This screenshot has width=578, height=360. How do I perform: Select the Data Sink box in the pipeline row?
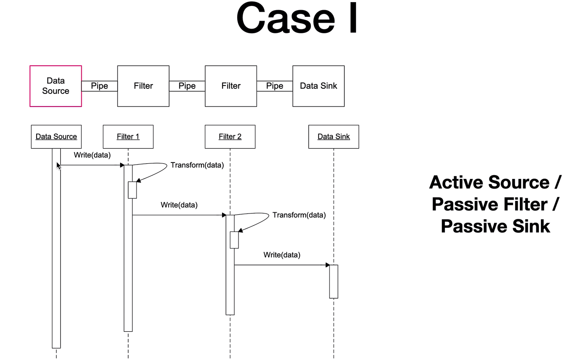click(x=318, y=86)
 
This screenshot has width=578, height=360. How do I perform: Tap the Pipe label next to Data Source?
click(x=99, y=86)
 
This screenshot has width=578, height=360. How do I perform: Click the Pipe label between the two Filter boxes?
click(x=187, y=86)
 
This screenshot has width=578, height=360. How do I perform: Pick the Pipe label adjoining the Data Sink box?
click(x=275, y=86)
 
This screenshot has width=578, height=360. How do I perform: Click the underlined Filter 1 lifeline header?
click(x=128, y=137)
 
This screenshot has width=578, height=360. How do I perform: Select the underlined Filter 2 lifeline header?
click(x=230, y=137)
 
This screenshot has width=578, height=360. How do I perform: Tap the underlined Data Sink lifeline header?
click(x=334, y=137)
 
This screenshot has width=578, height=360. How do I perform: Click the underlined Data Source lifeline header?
click(x=56, y=137)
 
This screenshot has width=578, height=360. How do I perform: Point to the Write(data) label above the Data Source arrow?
click(x=92, y=155)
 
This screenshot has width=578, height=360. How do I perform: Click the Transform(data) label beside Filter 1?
click(x=197, y=165)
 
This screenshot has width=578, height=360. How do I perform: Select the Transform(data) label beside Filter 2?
click(x=299, y=215)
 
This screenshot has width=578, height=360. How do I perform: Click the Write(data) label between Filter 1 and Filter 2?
click(x=179, y=205)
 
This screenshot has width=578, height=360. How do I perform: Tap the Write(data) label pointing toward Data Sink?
click(x=282, y=255)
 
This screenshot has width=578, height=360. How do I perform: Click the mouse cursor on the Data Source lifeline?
click(x=59, y=166)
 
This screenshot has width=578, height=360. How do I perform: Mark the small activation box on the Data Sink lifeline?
click(x=334, y=282)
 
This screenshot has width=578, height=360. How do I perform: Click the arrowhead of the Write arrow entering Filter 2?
click(x=224, y=215)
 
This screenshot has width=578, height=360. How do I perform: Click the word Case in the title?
click(x=285, y=18)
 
